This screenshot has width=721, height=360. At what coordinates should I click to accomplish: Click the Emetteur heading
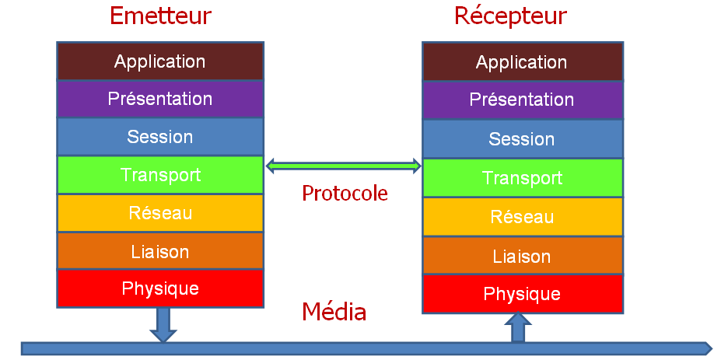(160, 16)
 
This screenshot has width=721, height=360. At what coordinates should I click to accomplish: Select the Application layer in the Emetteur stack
(160, 61)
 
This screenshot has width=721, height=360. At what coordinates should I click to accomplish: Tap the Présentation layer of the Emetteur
(160, 99)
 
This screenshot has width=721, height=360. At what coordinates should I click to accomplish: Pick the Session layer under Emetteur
(160, 137)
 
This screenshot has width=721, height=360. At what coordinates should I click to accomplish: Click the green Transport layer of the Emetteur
(160, 175)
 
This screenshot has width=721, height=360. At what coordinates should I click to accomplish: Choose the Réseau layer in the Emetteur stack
(160, 213)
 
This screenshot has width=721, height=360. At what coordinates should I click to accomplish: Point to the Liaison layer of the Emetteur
(160, 251)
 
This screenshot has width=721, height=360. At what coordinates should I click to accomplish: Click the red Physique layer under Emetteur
(160, 288)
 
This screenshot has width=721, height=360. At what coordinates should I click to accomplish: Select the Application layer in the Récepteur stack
(522, 61)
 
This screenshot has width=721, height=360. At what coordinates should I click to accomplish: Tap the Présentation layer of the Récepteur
(522, 100)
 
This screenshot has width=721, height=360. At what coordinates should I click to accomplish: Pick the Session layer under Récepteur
(522, 139)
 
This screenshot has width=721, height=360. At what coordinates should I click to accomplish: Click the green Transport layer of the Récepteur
(522, 178)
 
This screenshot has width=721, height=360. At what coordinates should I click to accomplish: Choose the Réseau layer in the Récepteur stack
(522, 217)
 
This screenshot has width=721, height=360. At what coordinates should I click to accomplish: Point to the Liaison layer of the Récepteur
(522, 256)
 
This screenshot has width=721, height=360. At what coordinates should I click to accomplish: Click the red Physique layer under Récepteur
(522, 294)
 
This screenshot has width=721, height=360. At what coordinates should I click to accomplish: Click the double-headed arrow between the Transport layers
(343, 166)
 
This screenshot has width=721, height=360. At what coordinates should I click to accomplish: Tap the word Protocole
(345, 193)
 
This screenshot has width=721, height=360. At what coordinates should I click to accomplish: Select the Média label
(334, 313)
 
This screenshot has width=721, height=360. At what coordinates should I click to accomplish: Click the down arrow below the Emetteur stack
(163, 324)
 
